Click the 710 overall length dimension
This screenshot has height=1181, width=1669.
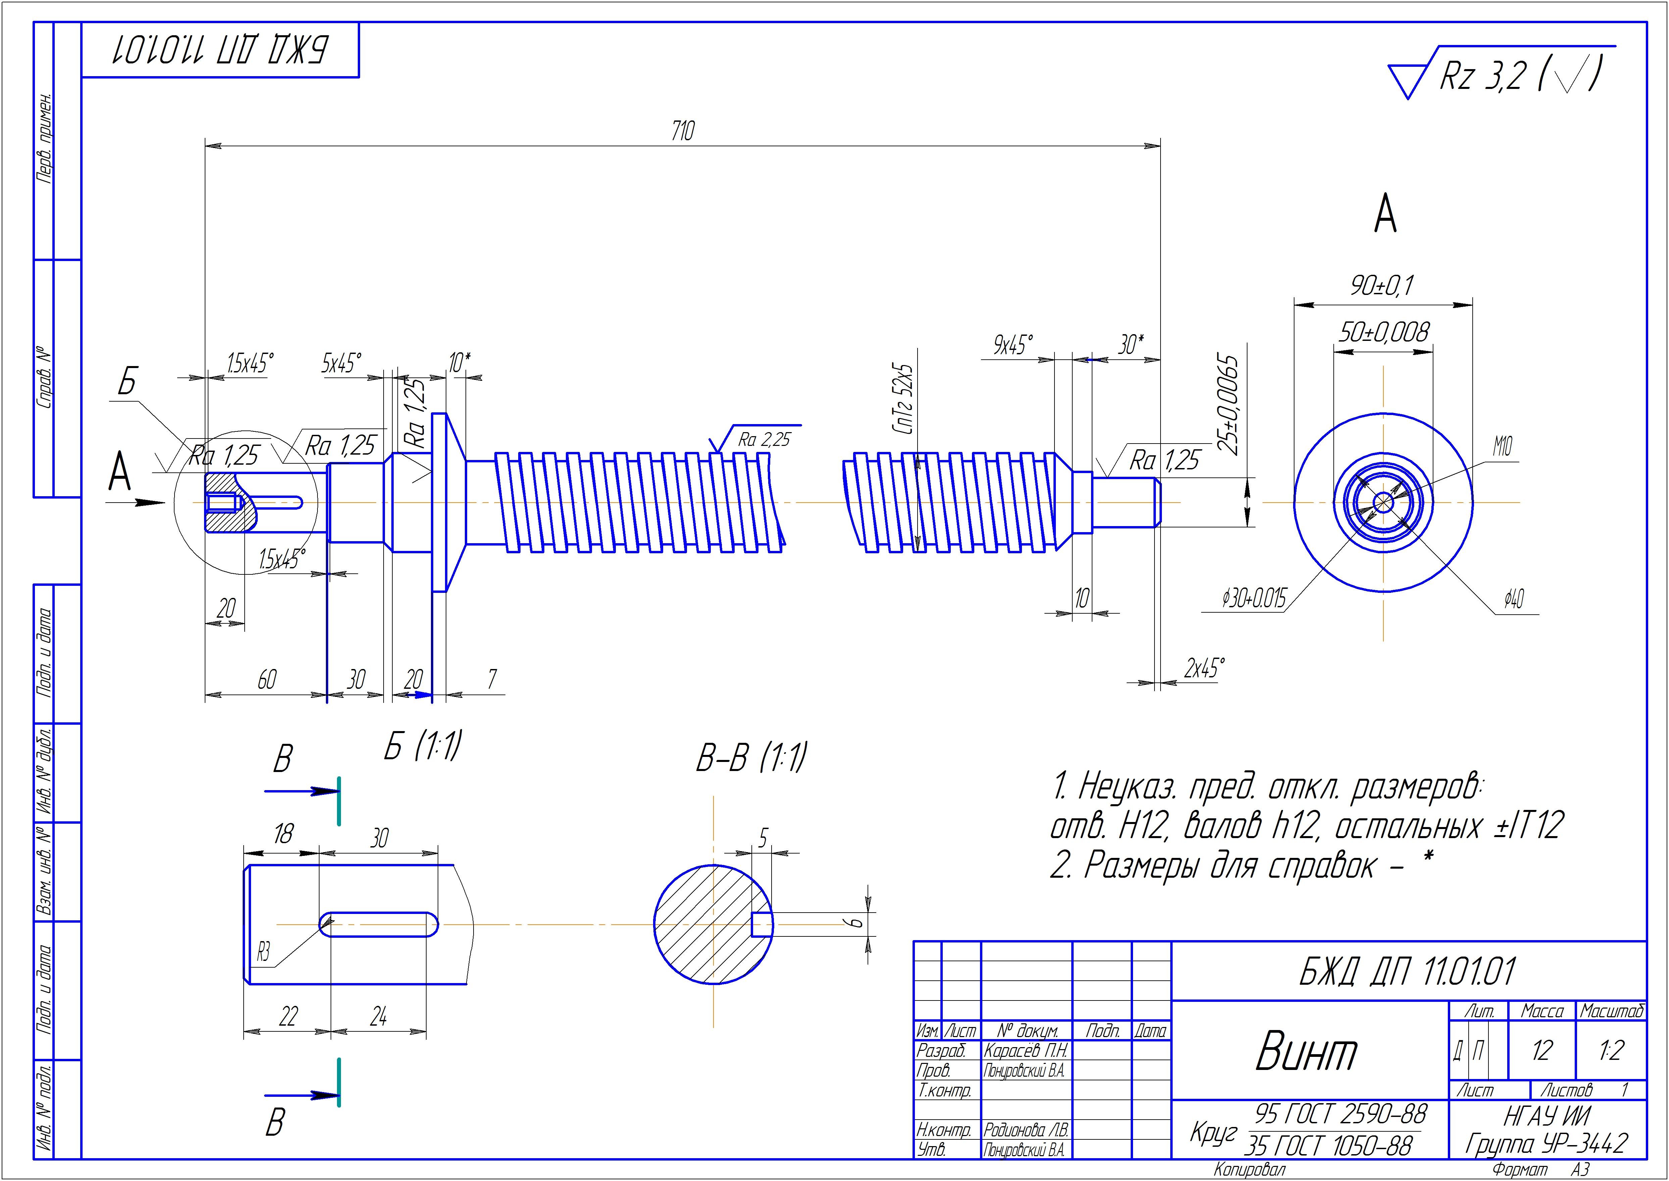(683, 132)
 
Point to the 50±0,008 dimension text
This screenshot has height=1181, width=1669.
(1383, 333)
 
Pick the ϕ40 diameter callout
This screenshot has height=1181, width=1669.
(1514, 600)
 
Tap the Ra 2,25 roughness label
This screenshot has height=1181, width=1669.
(764, 439)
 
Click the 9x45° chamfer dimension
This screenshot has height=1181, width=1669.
(1013, 345)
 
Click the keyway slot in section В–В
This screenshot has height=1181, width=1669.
(762, 924)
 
